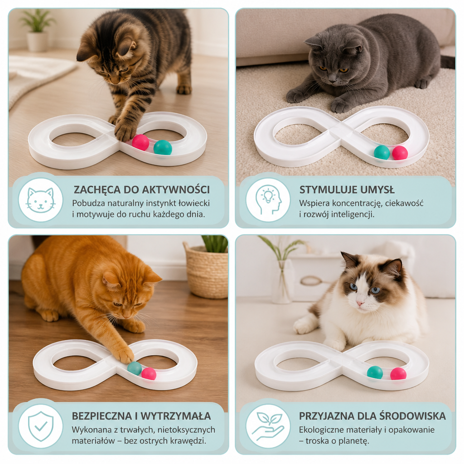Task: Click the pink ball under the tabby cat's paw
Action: (x=140, y=142)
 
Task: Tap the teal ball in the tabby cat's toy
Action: (x=163, y=147)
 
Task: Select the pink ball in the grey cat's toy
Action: (x=400, y=153)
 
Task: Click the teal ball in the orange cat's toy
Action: (x=135, y=368)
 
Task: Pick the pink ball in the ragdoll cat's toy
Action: (x=398, y=374)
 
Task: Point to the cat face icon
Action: (x=40, y=200)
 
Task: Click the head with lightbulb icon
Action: (x=268, y=200)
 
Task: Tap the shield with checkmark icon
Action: (x=41, y=426)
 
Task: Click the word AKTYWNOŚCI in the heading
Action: (x=176, y=190)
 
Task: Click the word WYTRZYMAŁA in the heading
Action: (x=176, y=416)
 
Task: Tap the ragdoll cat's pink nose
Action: (x=360, y=303)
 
